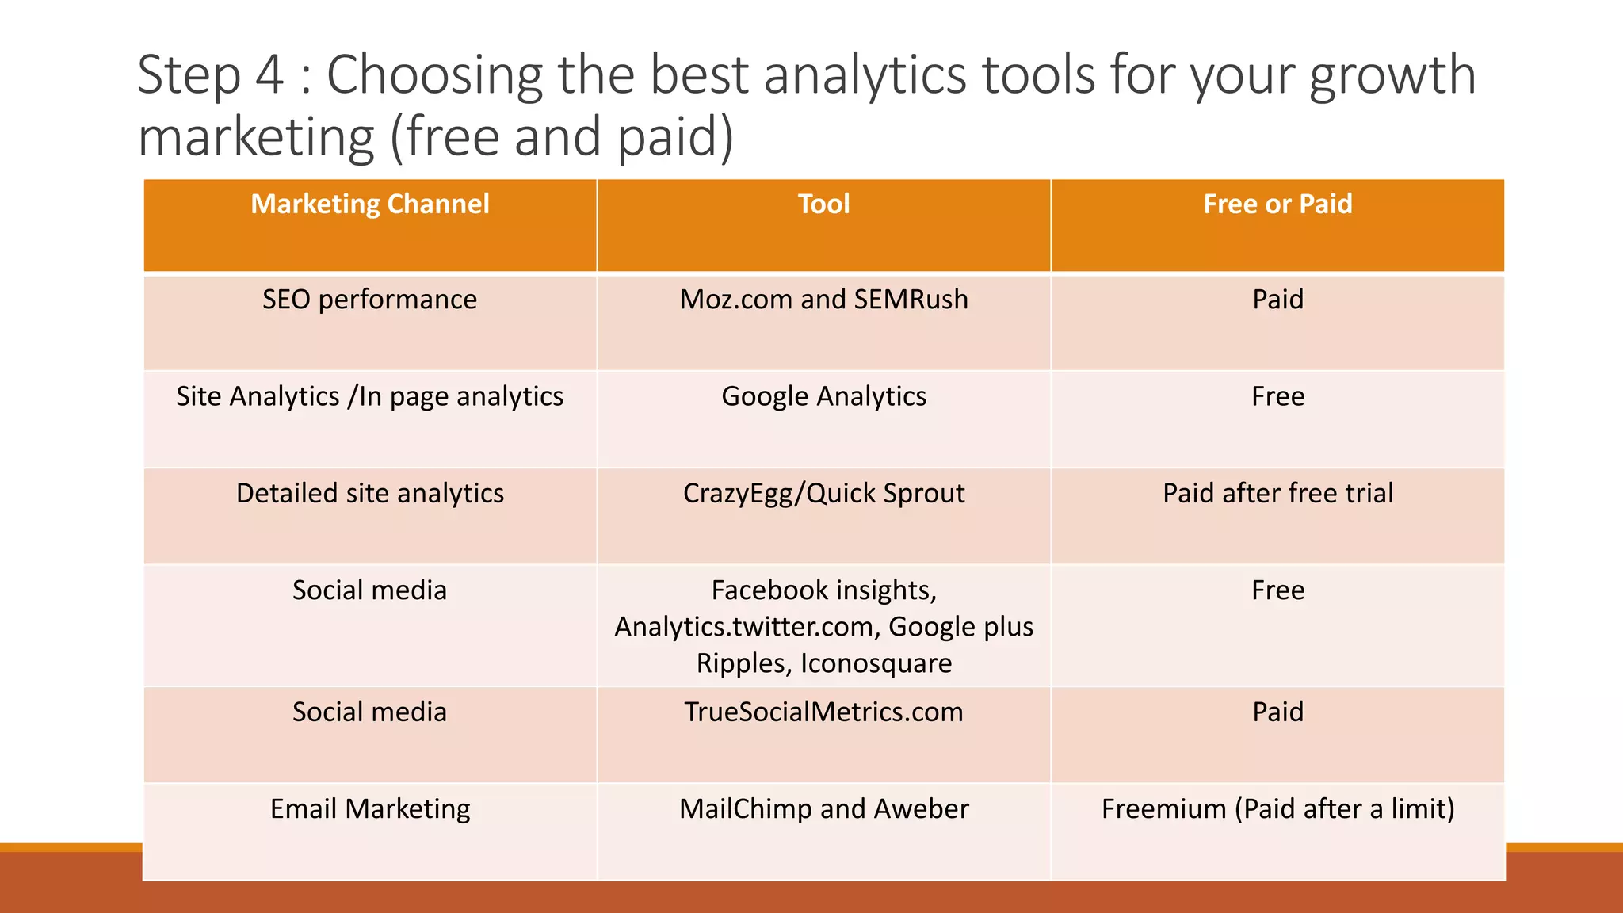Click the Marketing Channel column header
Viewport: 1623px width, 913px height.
370,204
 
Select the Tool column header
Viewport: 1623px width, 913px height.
823,204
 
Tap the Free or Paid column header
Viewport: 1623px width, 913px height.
1277,204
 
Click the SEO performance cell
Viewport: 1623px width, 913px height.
370,300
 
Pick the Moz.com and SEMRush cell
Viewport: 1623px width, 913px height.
823,300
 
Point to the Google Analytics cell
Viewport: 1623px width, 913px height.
823,396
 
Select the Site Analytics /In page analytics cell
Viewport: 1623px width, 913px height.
370,396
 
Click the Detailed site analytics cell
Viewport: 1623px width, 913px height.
370,493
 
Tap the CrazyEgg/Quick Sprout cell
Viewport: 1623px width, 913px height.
823,493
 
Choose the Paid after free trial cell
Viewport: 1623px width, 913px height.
1277,493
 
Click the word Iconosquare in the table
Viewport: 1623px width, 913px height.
876,663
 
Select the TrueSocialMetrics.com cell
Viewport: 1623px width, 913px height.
823,712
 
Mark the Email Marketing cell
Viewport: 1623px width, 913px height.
370,808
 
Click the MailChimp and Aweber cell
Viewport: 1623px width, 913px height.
823,808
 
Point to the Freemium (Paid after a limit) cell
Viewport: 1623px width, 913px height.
1277,808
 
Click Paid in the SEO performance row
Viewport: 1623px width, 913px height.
1277,300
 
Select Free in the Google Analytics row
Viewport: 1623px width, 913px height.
1277,396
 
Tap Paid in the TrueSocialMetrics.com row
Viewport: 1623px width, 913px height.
1277,712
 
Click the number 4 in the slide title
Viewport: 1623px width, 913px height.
269,75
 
